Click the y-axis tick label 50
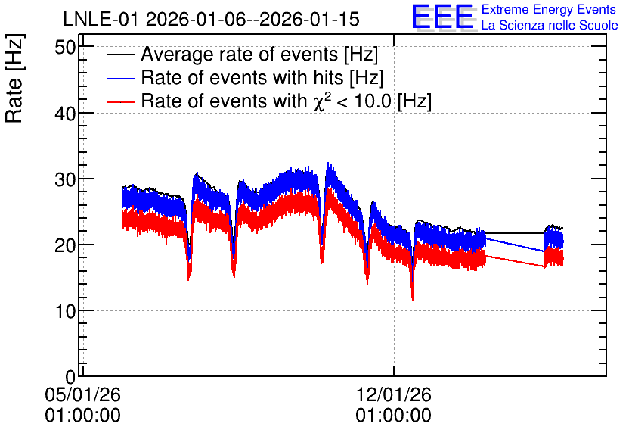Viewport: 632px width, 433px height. [x=65, y=48]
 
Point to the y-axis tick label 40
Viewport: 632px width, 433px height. [x=65, y=114]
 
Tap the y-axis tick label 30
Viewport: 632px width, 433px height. [x=65, y=180]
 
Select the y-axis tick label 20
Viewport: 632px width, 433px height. [x=65, y=246]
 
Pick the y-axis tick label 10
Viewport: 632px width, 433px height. [x=65, y=312]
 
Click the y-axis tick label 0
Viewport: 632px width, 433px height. [x=70, y=378]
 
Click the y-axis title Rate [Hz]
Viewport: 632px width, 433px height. [x=14, y=78]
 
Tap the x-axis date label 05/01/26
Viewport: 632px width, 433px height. [x=82, y=394]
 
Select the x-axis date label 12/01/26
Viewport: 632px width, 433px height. [x=393, y=394]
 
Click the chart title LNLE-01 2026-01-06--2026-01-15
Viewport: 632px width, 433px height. [x=211, y=20]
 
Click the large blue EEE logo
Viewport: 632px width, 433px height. [x=442, y=17]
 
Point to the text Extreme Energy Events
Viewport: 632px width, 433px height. [x=549, y=9]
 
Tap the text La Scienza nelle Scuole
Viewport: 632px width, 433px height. [x=550, y=26]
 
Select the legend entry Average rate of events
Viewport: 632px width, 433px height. [x=259, y=54]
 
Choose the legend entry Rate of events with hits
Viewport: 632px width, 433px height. [x=262, y=77]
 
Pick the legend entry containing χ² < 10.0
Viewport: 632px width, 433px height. [x=287, y=101]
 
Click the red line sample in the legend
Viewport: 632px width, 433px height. [x=120, y=102]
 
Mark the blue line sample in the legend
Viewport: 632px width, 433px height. [x=120, y=78]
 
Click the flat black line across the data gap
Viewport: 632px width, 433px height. [x=515, y=233]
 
